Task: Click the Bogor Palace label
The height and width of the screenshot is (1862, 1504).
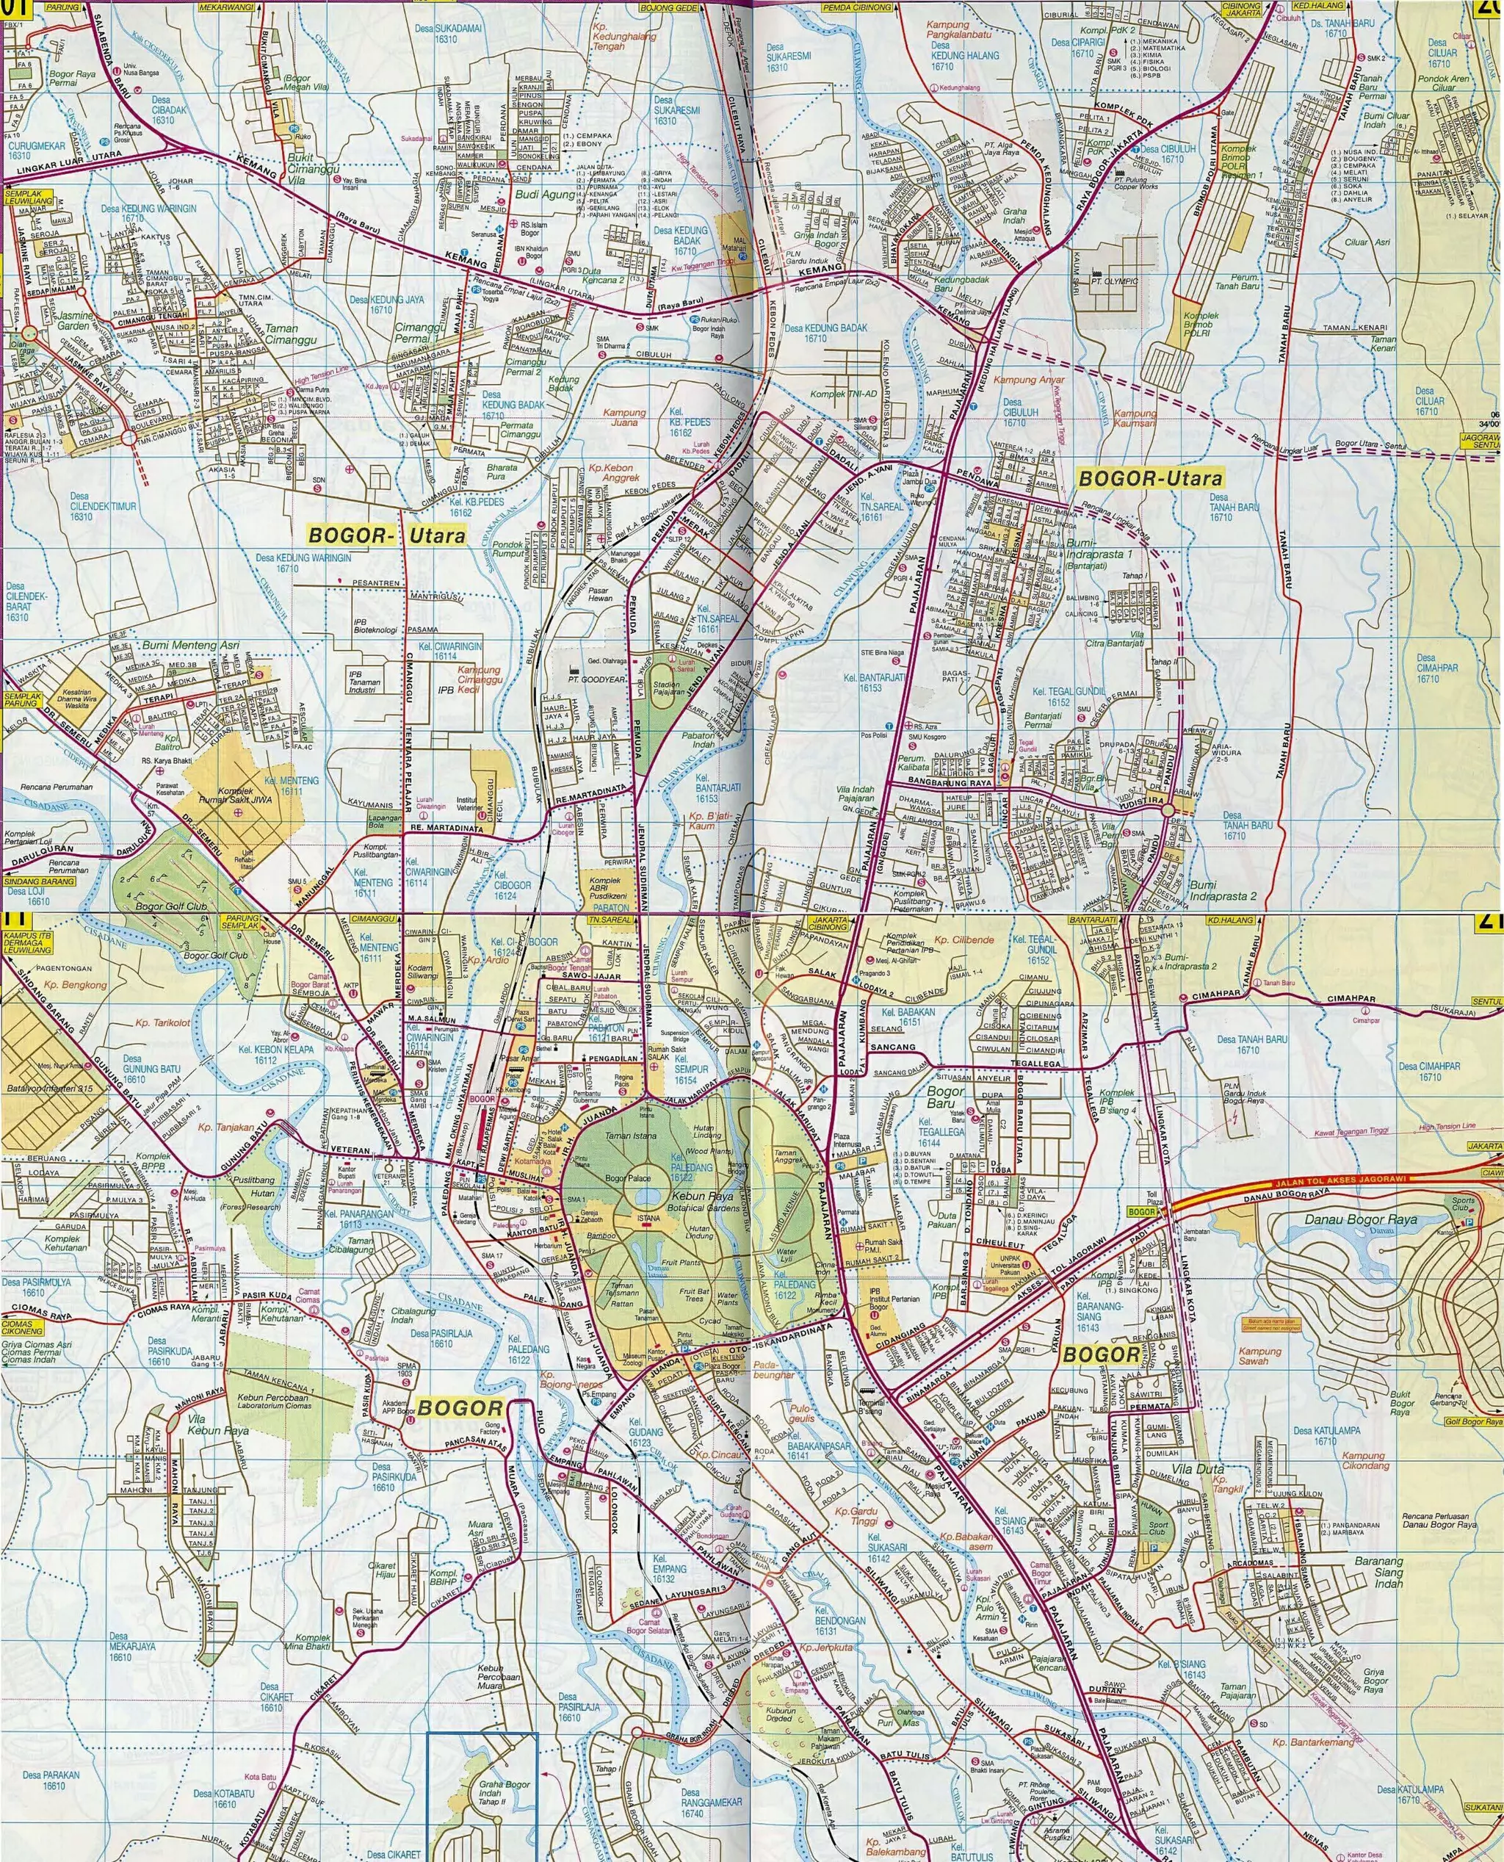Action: coord(627,1178)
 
